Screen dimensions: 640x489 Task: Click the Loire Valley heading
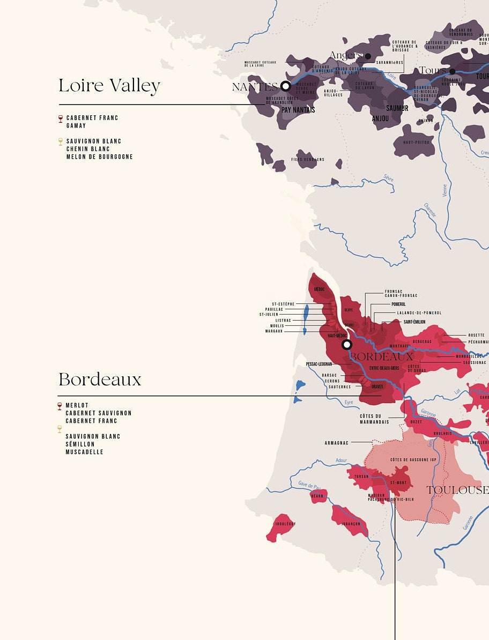pyautogui.click(x=109, y=86)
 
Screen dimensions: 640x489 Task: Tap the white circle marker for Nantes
pyautogui.click(x=286, y=86)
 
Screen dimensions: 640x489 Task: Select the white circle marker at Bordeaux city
pyautogui.click(x=347, y=344)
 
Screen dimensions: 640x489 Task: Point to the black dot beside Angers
pyautogui.click(x=368, y=56)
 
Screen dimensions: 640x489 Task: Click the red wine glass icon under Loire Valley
pyautogui.click(x=61, y=118)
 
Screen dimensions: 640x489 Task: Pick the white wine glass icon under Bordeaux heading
pyautogui.click(x=60, y=429)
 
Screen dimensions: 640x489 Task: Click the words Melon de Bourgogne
pyautogui.click(x=99, y=157)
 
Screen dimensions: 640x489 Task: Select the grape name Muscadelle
pyautogui.click(x=84, y=452)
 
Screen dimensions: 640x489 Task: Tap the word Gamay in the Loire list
pyautogui.click(x=76, y=125)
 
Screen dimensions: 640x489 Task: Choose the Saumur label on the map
pyautogui.click(x=397, y=108)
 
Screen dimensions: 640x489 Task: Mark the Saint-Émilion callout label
pyautogui.click(x=411, y=322)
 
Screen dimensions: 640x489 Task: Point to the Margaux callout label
pyautogui.click(x=273, y=331)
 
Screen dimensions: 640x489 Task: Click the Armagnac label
pyautogui.click(x=336, y=443)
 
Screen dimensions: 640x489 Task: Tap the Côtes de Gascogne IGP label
pyautogui.click(x=414, y=460)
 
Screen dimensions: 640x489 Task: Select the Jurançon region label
pyautogui.click(x=351, y=524)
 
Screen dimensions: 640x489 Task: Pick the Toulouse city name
pyautogui.click(x=457, y=490)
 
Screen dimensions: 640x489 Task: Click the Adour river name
pyautogui.click(x=341, y=460)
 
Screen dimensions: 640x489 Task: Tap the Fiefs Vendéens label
pyautogui.click(x=308, y=159)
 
